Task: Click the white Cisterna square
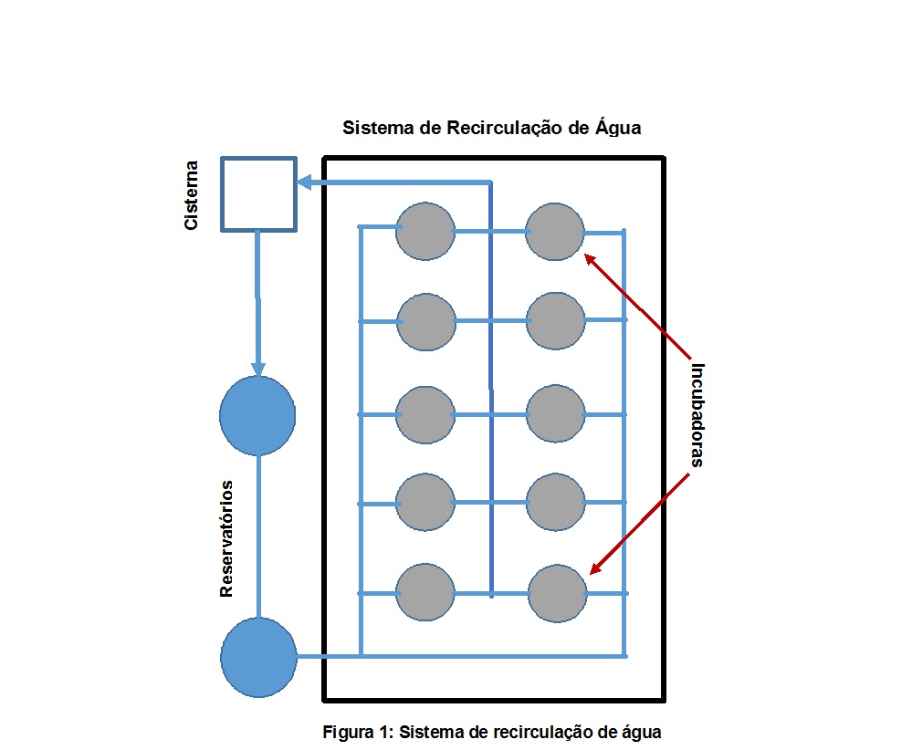click(x=258, y=193)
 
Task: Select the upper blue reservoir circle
click(x=257, y=415)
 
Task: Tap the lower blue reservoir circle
click(x=259, y=657)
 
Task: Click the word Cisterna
click(x=192, y=195)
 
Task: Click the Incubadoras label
click(x=697, y=415)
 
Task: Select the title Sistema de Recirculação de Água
click(x=491, y=128)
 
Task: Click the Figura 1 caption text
click(x=491, y=732)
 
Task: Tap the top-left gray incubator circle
click(x=425, y=231)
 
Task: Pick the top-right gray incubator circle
click(x=555, y=232)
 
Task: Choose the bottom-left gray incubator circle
click(x=425, y=593)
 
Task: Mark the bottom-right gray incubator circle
click(x=557, y=593)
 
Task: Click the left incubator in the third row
click(x=425, y=414)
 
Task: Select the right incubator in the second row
click(x=555, y=320)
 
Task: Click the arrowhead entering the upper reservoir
click(x=258, y=370)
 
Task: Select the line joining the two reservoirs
click(x=258, y=536)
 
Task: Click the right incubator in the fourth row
click(x=555, y=502)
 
